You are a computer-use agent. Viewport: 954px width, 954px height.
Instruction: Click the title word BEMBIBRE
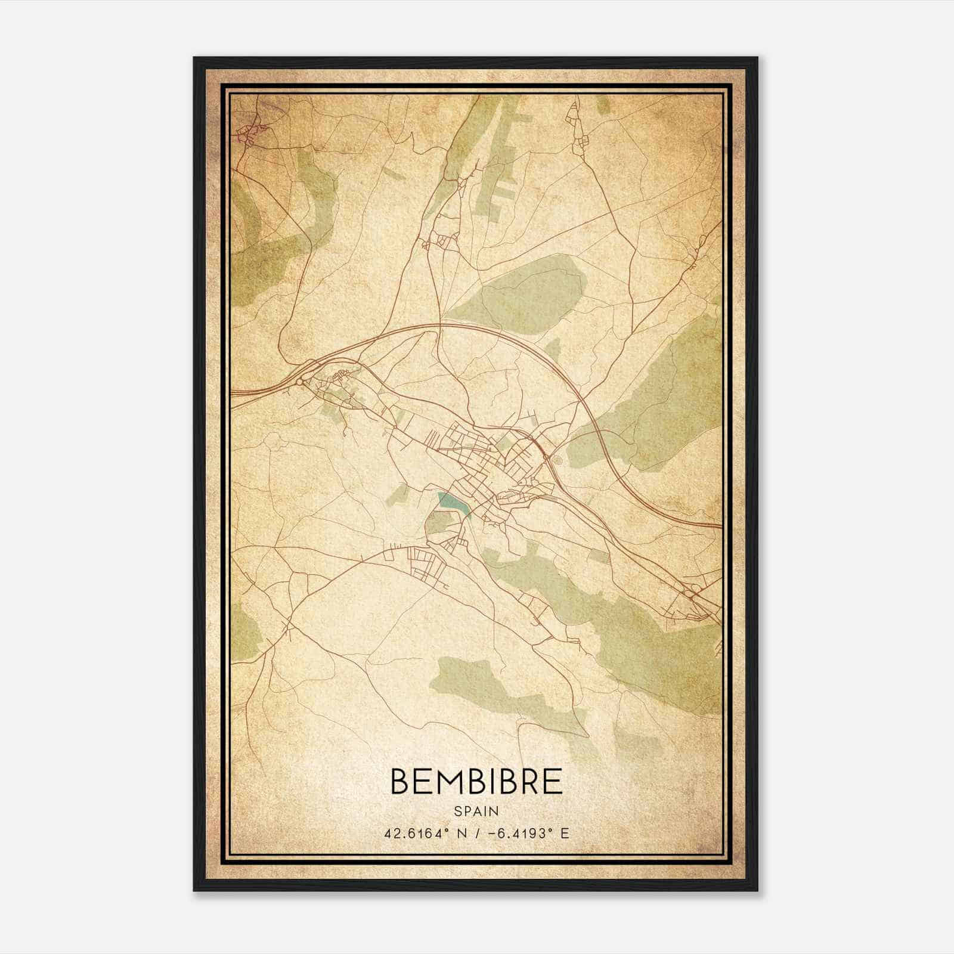(476, 781)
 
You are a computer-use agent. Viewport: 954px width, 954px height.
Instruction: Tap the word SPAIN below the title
(476, 811)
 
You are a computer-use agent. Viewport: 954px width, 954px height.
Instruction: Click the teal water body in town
(453, 502)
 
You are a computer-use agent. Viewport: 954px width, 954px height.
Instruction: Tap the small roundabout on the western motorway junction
(300, 381)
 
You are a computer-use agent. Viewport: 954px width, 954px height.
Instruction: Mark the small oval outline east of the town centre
(557, 460)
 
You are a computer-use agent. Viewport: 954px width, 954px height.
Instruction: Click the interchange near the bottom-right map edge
(693, 592)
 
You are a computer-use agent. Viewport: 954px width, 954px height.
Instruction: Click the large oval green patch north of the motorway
(519, 295)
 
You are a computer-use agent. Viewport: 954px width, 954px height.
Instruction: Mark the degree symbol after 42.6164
(445, 829)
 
